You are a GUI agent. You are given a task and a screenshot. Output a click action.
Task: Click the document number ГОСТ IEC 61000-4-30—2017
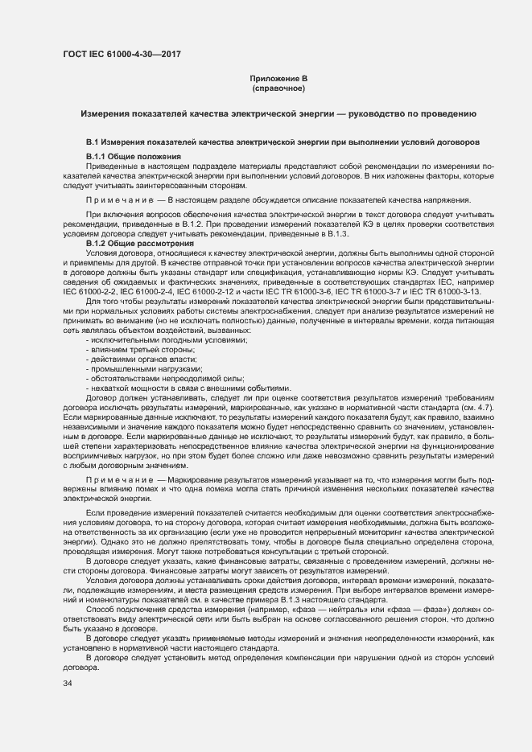tap(122, 55)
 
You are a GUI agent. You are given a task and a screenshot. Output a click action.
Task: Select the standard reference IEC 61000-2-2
tap(90, 289)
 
